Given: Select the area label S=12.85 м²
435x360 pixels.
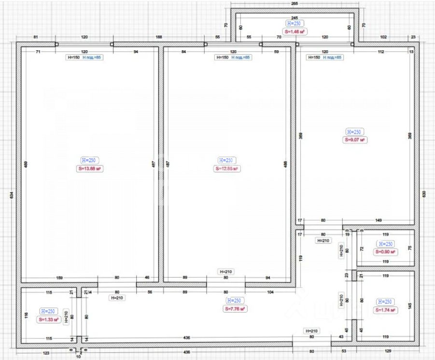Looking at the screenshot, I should point(227,169).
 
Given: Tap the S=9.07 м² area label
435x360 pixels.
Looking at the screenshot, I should point(355,140).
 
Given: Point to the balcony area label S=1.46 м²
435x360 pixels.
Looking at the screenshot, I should point(295,31).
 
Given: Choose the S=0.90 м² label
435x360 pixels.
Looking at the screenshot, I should point(385,252).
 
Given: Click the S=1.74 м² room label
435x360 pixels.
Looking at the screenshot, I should point(385,310).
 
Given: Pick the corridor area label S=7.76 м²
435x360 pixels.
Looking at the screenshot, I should point(236,309).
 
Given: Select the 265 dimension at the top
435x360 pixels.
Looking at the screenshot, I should point(295,3).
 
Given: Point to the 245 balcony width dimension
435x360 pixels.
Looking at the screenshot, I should point(295,17).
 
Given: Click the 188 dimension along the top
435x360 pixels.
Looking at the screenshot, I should point(158,37).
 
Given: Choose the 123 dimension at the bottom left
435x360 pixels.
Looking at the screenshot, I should point(46,353).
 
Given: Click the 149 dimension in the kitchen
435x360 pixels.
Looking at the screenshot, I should point(379,221).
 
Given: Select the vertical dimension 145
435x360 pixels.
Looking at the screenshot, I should point(410,305).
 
